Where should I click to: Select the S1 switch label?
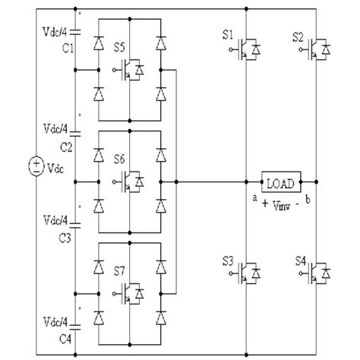[229, 36]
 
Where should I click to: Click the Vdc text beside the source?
[55, 169]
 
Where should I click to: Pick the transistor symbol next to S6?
[135, 182]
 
